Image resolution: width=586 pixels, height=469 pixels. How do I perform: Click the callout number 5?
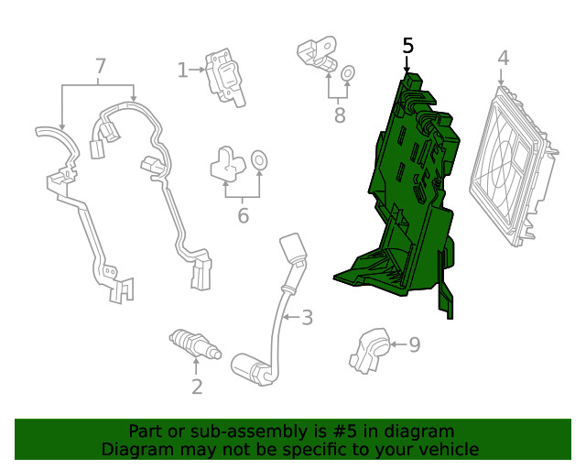(x=408, y=46)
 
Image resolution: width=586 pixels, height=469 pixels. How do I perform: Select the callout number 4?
(x=503, y=59)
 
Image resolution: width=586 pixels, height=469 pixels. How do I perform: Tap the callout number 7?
(x=101, y=66)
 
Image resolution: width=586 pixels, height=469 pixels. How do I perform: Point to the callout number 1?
(x=182, y=70)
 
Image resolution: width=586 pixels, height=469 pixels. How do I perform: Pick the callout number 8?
(x=340, y=115)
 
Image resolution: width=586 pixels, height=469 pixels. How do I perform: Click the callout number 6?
(x=243, y=215)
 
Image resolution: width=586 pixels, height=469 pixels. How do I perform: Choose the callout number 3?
(x=308, y=318)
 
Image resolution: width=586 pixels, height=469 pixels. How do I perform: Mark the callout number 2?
(x=197, y=387)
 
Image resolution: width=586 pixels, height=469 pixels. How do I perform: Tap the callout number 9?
(x=414, y=344)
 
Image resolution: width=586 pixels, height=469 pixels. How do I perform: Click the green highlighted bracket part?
(x=403, y=202)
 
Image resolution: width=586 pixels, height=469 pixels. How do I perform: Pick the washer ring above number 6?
(x=260, y=161)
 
